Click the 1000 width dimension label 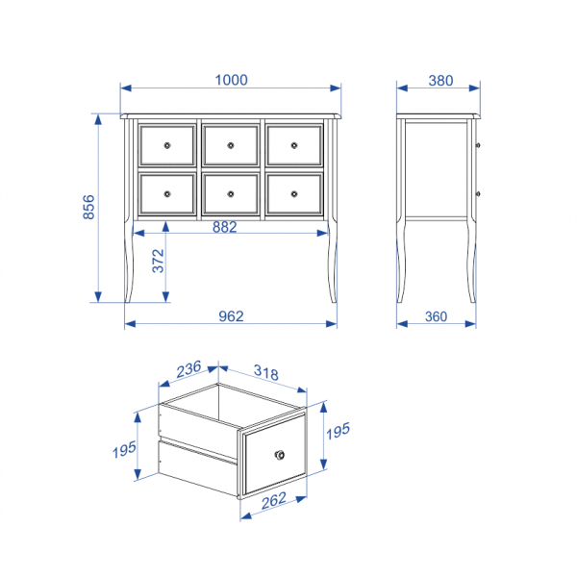231,80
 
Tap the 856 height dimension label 89,207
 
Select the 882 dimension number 224,227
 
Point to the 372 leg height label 159,261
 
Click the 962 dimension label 231,316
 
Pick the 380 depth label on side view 440,81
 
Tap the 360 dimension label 436,316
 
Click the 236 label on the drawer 188,369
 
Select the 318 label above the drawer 266,372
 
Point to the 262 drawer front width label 274,500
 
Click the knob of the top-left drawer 167,145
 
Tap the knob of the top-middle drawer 231,145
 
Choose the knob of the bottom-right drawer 294,194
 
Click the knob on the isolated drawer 280,455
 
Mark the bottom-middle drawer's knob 231,194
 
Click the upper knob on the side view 478,145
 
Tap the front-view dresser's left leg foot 128,300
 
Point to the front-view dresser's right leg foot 334,300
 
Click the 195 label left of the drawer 124,450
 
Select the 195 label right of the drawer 339,431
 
